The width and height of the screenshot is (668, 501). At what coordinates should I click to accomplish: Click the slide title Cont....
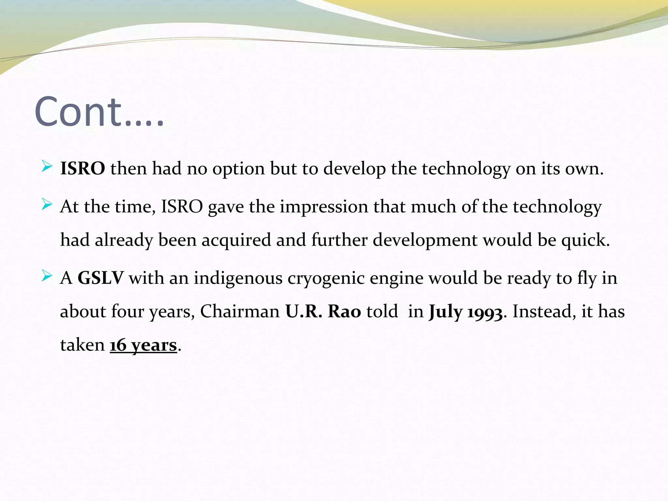point(99,112)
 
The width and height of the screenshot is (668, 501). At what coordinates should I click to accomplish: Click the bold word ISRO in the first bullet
point(83,169)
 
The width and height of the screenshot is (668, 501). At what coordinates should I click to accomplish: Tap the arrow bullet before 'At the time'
point(47,205)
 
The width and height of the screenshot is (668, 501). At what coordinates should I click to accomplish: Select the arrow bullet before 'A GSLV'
point(47,277)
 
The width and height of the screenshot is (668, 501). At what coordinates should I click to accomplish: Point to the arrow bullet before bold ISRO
point(47,167)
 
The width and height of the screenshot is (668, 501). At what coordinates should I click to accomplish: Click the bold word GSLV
point(100,278)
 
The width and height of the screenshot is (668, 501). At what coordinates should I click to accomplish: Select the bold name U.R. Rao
point(323,311)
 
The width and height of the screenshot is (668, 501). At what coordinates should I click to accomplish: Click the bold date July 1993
point(465,312)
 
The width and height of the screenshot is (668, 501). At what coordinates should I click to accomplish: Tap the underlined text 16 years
point(143,345)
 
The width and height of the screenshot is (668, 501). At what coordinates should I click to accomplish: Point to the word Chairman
point(240,311)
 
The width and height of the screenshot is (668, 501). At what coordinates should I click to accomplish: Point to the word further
point(339,240)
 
